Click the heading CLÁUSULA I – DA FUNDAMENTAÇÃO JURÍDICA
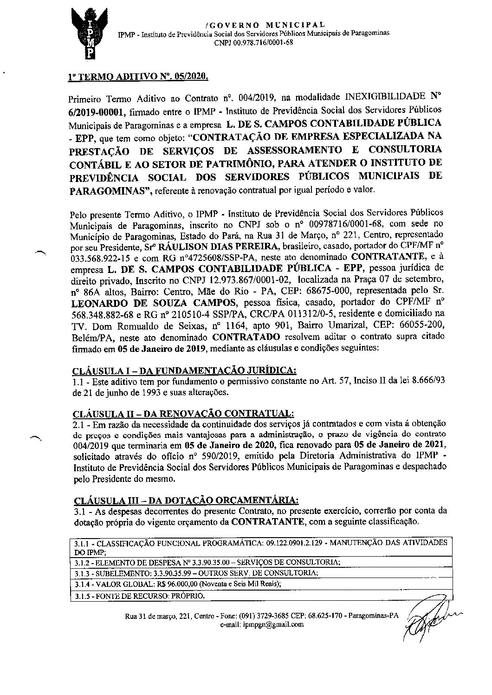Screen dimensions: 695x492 184,370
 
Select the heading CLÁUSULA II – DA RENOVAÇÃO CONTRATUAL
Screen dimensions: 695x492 183,413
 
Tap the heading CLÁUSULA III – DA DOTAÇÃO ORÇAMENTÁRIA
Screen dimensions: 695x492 186,500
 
